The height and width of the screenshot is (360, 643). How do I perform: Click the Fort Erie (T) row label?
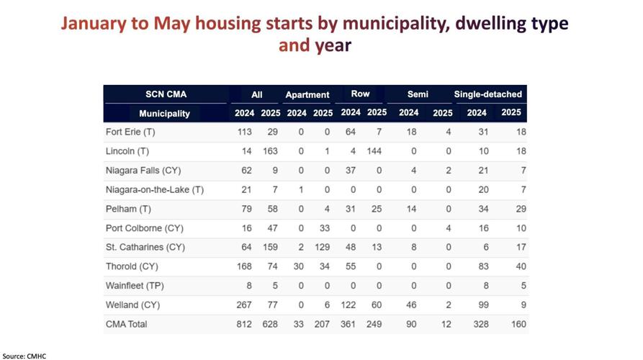pyautogui.click(x=130, y=132)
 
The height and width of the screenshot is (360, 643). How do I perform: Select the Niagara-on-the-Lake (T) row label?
pyautogui.click(x=154, y=189)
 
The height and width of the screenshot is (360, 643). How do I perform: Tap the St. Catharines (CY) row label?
pyautogui.click(x=145, y=247)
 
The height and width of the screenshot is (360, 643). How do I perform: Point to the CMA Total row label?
pyautogui.click(x=126, y=324)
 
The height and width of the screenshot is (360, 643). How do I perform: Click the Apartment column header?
pyautogui.click(x=307, y=94)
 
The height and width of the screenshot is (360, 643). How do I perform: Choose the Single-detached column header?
pyautogui.click(x=487, y=94)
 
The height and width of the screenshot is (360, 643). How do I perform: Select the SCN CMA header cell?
pyautogui.click(x=166, y=94)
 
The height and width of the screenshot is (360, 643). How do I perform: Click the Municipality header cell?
pyautogui.click(x=164, y=113)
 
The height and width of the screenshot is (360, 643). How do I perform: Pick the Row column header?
pyautogui.click(x=360, y=94)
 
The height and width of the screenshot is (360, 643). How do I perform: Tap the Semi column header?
pyautogui.click(x=418, y=94)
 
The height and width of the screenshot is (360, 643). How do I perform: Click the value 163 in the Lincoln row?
pyautogui.click(x=270, y=151)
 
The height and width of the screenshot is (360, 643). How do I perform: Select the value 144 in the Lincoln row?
pyautogui.click(x=373, y=151)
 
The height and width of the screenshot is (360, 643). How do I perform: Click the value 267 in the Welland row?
pyautogui.click(x=245, y=305)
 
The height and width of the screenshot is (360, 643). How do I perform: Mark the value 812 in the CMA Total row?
pyautogui.click(x=245, y=324)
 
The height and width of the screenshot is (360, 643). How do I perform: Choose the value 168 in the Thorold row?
pyautogui.click(x=245, y=266)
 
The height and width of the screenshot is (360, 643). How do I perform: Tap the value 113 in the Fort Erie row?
pyautogui.click(x=245, y=132)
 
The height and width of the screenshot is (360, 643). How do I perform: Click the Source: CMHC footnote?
pyautogui.click(x=24, y=356)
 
